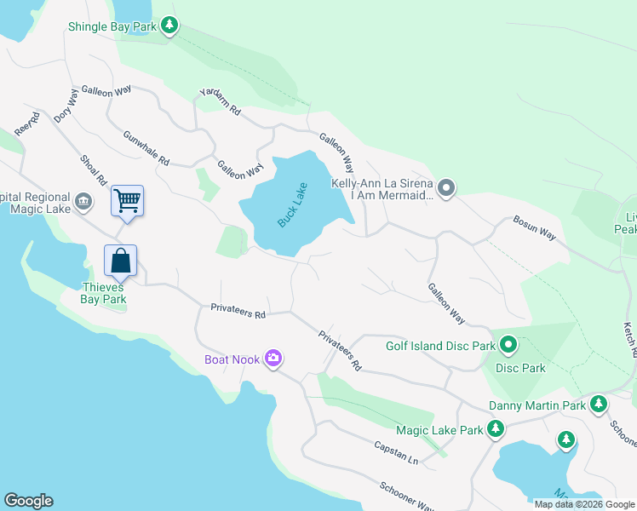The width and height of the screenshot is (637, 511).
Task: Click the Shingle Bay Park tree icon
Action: (170, 26)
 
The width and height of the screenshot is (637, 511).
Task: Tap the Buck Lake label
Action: (291, 204)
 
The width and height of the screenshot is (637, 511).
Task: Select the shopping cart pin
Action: (127, 202)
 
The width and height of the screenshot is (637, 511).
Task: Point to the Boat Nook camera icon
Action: (273, 359)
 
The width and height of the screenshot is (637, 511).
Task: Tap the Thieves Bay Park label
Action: (103, 293)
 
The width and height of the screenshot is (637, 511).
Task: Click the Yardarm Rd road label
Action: (221, 100)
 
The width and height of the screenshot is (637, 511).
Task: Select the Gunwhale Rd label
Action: (146, 147)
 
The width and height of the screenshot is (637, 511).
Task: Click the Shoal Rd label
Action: (93, 169)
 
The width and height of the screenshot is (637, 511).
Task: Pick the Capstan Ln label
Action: (396, 452)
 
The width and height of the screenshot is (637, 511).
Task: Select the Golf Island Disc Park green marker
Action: (508, 345)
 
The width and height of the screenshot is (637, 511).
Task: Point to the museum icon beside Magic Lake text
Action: (83, 202)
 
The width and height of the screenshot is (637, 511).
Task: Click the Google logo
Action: (28, 501)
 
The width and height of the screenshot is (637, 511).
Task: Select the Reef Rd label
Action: (27, 124)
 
